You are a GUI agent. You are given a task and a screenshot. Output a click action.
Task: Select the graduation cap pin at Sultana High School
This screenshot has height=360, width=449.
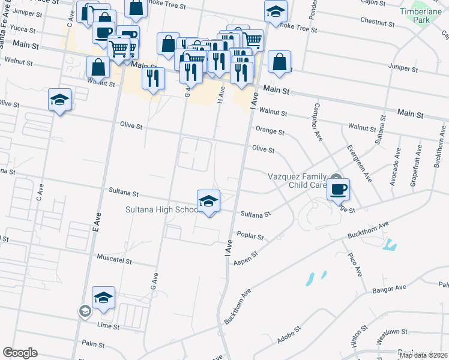click(208, 201)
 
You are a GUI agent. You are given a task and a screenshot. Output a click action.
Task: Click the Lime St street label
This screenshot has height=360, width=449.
click(109, 327)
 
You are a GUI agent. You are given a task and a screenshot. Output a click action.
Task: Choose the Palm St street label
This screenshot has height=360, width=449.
click(94, 345)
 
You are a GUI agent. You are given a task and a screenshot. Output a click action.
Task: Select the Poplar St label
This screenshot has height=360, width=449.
click(250, 236)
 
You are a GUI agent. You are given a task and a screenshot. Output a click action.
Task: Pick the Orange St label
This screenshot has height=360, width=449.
click(269, 130)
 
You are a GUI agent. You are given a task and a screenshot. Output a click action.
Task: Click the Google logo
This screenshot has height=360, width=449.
click(20, 353)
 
